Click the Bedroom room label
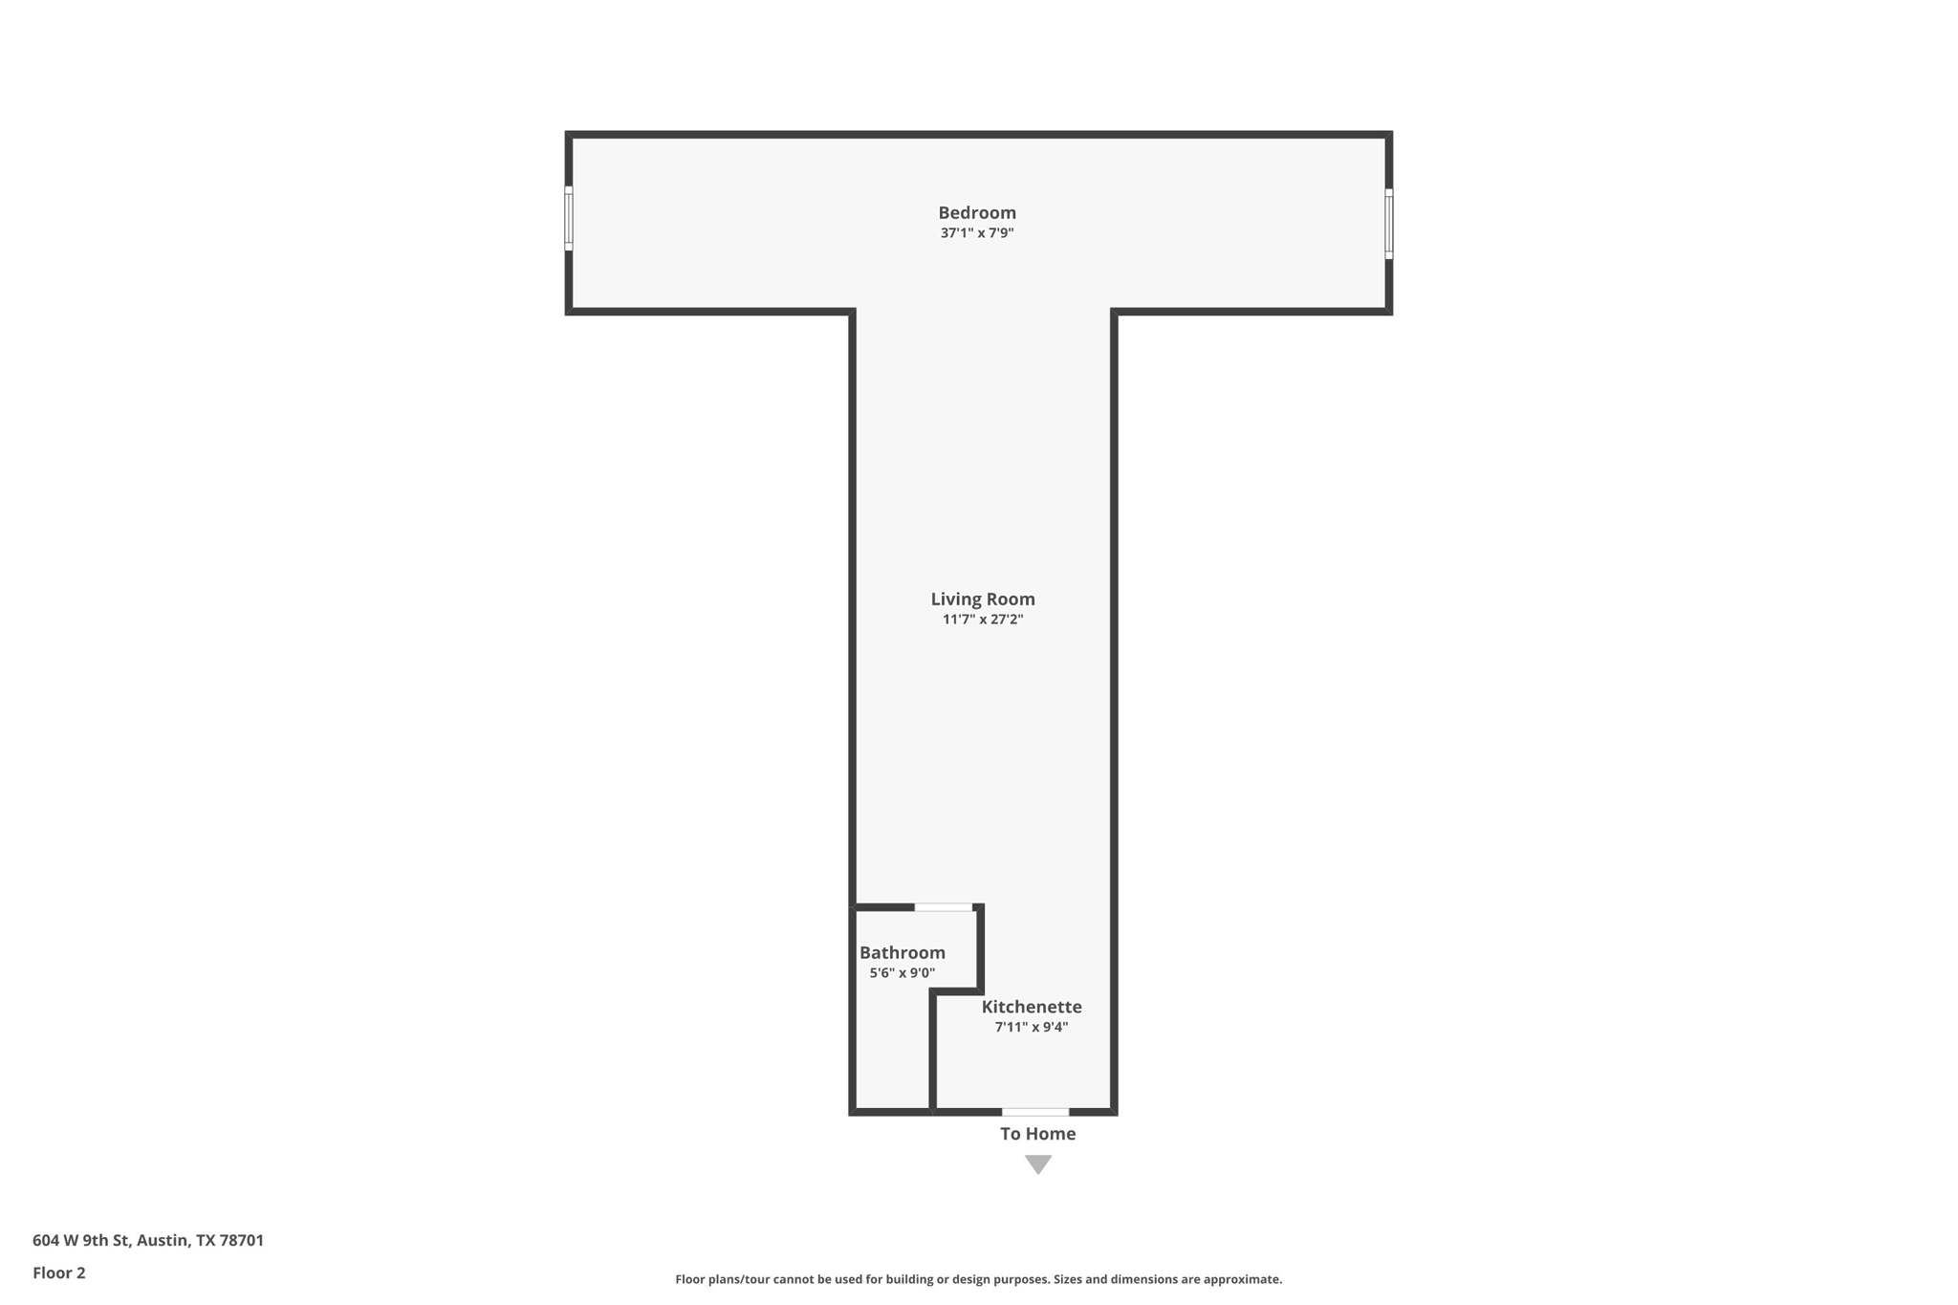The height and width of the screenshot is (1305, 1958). click(x=976, y=212)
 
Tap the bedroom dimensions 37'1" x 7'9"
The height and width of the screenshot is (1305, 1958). click(x=976, y=233)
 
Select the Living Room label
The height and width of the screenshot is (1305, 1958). click(x=982, y=598)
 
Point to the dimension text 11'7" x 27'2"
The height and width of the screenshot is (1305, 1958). click(x=982, y=620)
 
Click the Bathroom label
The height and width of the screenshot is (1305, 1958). click(x=902, y=952)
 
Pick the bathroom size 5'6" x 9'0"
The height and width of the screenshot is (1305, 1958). click(x=902, y=973)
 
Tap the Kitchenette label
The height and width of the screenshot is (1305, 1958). click(x=1031, y=1007)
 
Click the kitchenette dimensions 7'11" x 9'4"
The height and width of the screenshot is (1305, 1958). click(x=1031, y=1028)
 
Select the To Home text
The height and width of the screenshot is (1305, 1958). click(x=1037, y=1134)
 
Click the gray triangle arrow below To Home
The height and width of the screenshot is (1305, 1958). click(x=1037, y=1164)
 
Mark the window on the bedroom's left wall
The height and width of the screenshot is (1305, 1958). click(x=569, y=219)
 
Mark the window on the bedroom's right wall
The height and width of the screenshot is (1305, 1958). click(x=1388, y=224)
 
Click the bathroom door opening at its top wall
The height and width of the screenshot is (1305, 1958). click(x=943, y=906)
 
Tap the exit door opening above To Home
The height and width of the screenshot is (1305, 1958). click(x=1034, y=1112)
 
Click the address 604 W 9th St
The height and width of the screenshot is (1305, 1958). click(x=80, y=1240)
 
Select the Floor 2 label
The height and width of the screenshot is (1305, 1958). click(x=58, y=1272)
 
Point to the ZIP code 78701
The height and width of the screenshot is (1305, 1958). click(x=241, y=1240)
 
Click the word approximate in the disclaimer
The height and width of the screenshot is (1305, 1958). click(x=1242, y=1279)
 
